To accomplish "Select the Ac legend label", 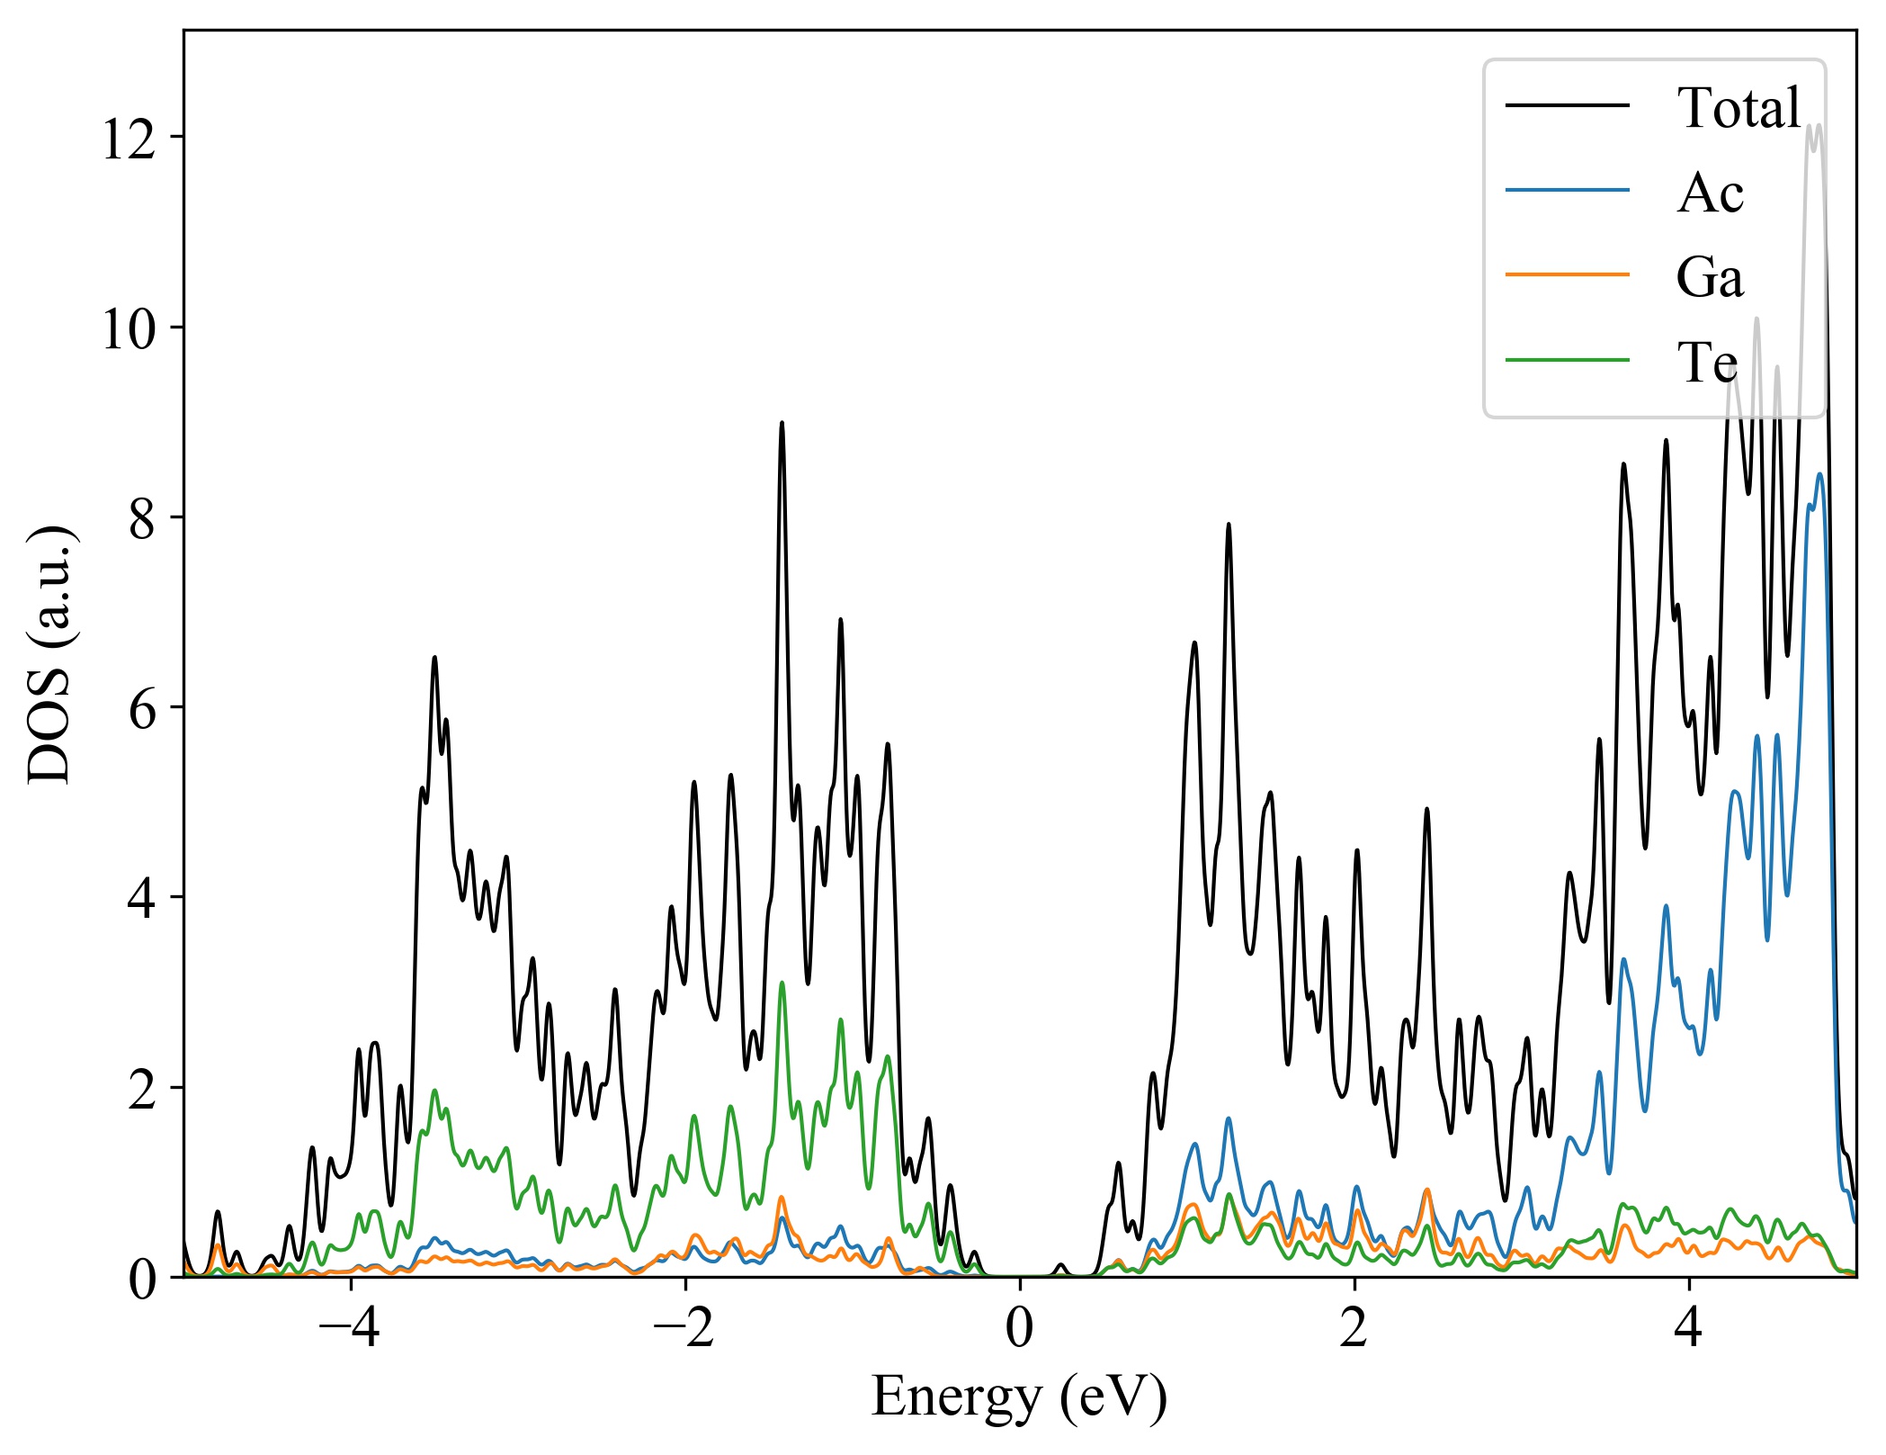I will click(1710, 193).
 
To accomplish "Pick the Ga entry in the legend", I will click(1710, 277).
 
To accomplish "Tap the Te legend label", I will click(1707, 363).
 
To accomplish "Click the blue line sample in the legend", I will click(1568, 190).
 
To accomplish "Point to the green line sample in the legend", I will click(1568, 360).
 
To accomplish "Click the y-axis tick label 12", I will click(129, 139).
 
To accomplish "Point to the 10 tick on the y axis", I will click(129, 329).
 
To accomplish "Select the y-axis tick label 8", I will click(142, 519).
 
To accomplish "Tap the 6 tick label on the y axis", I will click(142, 709).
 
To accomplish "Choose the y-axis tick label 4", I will click(142, 899).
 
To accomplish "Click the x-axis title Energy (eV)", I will click(1019, 1397).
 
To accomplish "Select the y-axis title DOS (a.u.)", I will click(51, 653).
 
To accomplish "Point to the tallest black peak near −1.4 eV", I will click(782, 423).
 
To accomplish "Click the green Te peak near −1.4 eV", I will click(782, 983).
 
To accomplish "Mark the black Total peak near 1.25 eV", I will click(1229, 525).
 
